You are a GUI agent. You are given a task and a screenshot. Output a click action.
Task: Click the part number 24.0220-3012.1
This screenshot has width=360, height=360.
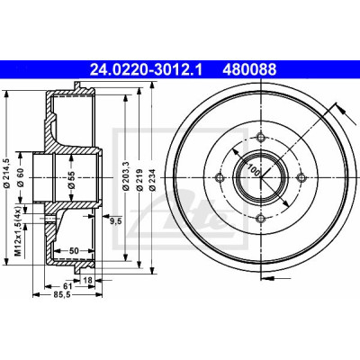pyautogui.click(x=146, y=69)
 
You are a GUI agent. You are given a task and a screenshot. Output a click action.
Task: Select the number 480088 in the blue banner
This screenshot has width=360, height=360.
pyautogui.click(x=249, y=69)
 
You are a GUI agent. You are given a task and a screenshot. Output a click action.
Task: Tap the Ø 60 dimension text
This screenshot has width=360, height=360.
pyautogui.click(x=21, y=178)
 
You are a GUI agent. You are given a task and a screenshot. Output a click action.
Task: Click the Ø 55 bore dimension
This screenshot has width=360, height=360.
pyautogui.click(x=71, y=180)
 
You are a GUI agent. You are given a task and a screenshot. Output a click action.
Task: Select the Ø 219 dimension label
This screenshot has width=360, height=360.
pyautogui.click(x=139, y=179)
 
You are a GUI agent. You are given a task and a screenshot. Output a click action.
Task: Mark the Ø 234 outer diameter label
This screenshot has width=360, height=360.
pyautogui.click(x=152, y=179)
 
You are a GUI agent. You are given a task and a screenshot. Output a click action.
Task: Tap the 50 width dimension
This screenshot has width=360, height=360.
pyautogui.click(x=74, y=250)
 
